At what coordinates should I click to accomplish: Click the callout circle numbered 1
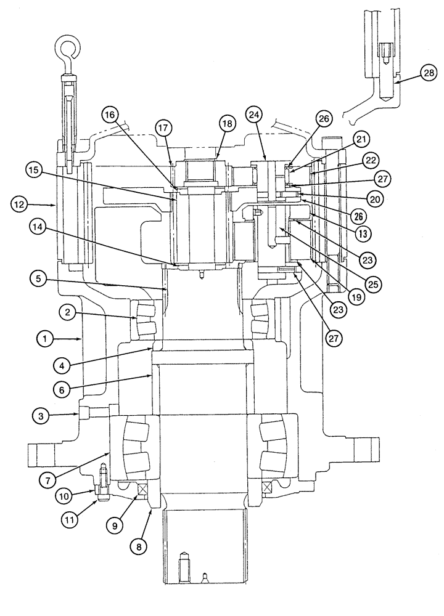[44, 338]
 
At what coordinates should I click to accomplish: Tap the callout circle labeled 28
[429, 73]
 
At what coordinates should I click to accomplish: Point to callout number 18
[226, 124]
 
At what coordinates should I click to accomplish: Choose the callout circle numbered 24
[255, 114]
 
